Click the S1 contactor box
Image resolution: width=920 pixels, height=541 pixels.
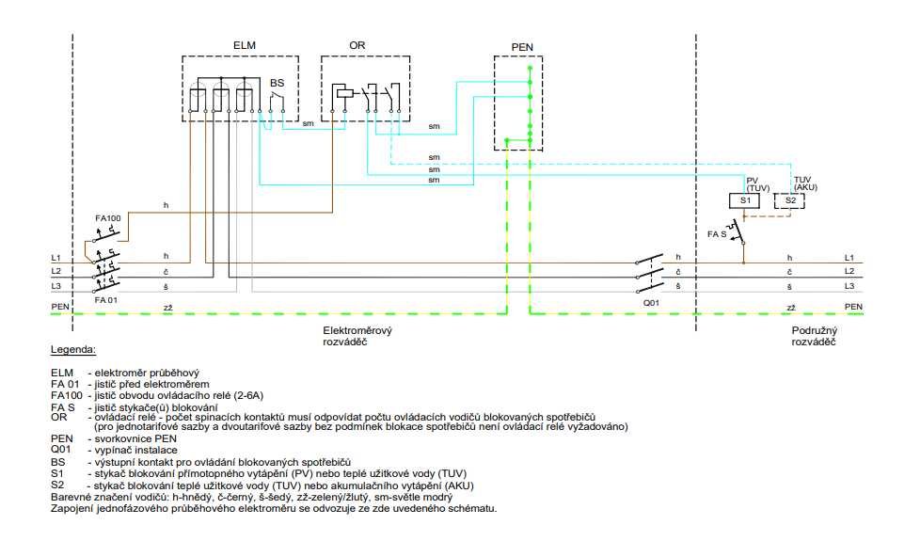tap(745, 200)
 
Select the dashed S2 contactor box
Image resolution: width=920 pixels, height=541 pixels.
tap(789, 200)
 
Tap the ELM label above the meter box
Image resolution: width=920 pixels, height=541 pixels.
tap(244, 45)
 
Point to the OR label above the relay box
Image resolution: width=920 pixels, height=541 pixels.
tap(357, 45)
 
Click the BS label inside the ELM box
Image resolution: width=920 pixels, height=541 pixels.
tap(277, 84)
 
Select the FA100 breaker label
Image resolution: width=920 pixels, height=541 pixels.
tap(108, 218)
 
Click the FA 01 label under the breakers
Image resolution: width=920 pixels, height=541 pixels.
tap(106, 300)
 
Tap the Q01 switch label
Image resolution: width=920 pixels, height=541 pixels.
tap(651, 303)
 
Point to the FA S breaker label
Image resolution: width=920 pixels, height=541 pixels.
tap(717, 234)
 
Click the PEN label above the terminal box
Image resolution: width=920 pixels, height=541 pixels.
tap(522, 47)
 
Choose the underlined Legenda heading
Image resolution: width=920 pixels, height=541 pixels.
tap(73, 350)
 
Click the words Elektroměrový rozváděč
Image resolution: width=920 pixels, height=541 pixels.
tap(357, 336)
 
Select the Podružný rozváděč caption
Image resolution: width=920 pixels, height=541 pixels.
tap(815, 336)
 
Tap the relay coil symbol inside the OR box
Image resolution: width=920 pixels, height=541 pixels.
tap(344, 91)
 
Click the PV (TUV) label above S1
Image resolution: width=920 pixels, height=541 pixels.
tap(757, 184)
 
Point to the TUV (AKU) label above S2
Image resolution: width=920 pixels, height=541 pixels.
tap(805, 183)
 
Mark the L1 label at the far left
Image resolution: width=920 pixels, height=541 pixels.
tap(56, 258)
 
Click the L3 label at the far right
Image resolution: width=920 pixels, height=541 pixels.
tap(849, 286)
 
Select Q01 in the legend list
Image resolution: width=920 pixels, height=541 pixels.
tap(61, 450)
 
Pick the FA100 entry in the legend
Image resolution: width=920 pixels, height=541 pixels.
tap(67, 395)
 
